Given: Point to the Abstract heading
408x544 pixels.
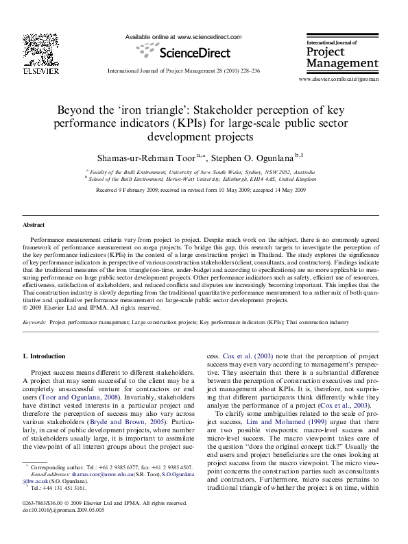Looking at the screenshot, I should pos(34,225).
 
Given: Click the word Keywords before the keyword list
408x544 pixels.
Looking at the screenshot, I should pos(34,321).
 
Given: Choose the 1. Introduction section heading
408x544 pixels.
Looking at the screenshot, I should pos(44,356).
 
